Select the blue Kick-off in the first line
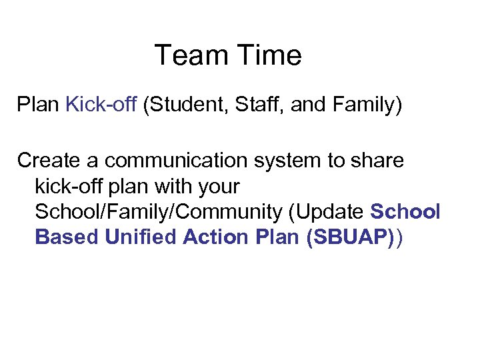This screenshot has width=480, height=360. (101, 105)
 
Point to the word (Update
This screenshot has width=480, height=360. (327, 212)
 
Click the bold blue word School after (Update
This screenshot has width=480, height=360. (405, 212)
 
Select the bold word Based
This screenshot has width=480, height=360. (67, 237)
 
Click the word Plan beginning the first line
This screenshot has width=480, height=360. (39, 105)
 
